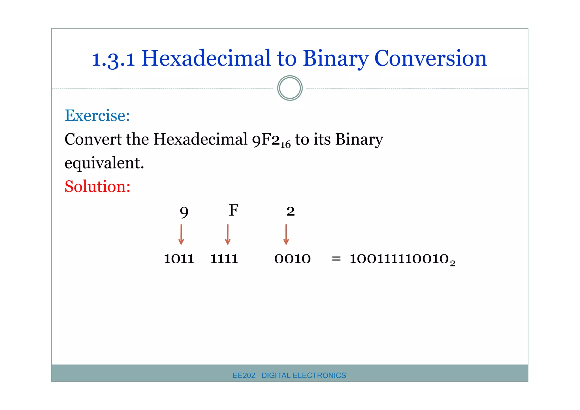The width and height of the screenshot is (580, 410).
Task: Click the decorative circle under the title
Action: [x=290, y=88]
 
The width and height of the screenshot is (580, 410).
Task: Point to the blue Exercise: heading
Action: [x=97, y=116]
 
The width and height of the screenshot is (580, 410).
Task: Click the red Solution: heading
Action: [x=97, y=187]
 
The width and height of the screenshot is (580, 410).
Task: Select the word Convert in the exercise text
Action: [x=93, y=139]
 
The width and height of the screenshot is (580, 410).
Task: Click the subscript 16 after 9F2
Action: [x=285, y=145]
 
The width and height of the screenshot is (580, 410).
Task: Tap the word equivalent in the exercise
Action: [x=104, y=163]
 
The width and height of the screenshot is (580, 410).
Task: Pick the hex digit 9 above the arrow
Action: [x=184, y=212]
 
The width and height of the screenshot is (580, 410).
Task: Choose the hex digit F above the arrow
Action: [x=234, y=210]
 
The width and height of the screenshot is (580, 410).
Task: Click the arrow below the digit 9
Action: [x=181, y=234]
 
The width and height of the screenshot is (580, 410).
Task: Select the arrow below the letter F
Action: [x=228, y=234]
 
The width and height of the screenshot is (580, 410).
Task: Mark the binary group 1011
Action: [x=179, y=259]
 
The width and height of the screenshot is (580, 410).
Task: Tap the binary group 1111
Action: [x=224, y=259]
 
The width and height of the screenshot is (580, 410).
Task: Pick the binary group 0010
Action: [x=293, y=259]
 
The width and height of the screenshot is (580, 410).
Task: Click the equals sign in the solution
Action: [x=336, y=259]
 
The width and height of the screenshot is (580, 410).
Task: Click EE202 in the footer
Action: [x=244, y=375]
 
